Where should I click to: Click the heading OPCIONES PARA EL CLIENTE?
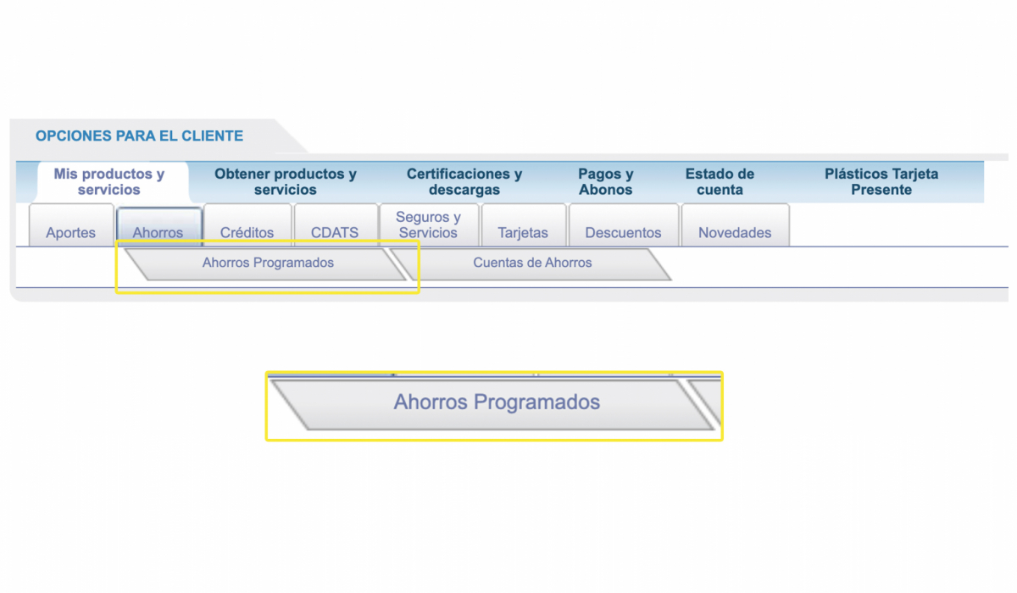pyautogui.click(x=139, y=136)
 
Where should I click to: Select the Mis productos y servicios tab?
pyautogui.click(x=109, y=181)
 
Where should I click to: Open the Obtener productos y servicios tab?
pyautogui.click(x=286, y=181)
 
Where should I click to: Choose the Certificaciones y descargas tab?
pyautogui.click(x=464, y=181)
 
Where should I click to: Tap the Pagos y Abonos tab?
pyautogui.click(x=606, y=181)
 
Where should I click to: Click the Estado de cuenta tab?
pyautogui.click(x=720, y=181)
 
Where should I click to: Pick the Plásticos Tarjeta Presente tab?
pyautogui.click(x=881, y=181)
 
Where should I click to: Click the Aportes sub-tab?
pyautogui.click(x=71, y=225)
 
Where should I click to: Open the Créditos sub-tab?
pyautogui.click(x=247, y=225)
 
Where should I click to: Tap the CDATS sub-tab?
pyautogui.click(x=336, y=225)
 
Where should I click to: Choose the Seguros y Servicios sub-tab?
pyautogui.click(x=429, y=225)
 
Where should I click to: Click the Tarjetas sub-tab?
pyautogui.click(x=524, y=225)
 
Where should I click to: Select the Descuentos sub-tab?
pyautogui.click(x=624, y=225)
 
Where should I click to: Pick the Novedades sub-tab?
pyautogui.click(x=735, y=225)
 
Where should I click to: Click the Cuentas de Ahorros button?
pyautogui.click(x=532, y=263)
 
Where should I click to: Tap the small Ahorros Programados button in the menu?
pyautogui.click(x=268, y=263)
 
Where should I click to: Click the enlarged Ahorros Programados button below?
pyautogui.click(x=497, y=403)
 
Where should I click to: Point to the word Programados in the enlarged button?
pyautogui.click(x=536, y=402)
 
